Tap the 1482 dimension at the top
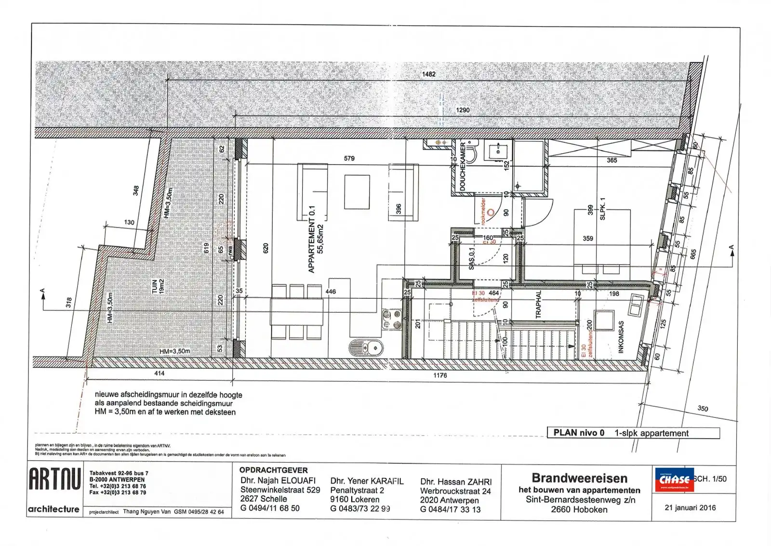[x=428, y=74]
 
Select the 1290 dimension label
[x=463, y=110]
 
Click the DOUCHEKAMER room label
[x=463, y=166]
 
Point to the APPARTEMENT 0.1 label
[x=312, y=239]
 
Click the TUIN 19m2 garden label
[x=158, y=286]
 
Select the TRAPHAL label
[x=539, y=304]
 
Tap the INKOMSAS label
[x=621, y=337]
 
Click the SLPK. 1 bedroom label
[x=602, y=209]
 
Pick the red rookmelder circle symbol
[x=491, y=212]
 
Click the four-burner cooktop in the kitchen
[x=392, y=319]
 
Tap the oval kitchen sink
[x=366, y=347]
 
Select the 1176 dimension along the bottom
[x=440, y=375]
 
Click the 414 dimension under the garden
[x=160, y=373]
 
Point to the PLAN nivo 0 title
[x=579, y=433]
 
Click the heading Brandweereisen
[x=579, y=478]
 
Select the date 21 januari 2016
[x=690, y=507]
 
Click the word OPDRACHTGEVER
[x=273, y=470]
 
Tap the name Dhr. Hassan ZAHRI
[x=456, y=481]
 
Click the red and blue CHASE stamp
[x=674, y=480]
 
